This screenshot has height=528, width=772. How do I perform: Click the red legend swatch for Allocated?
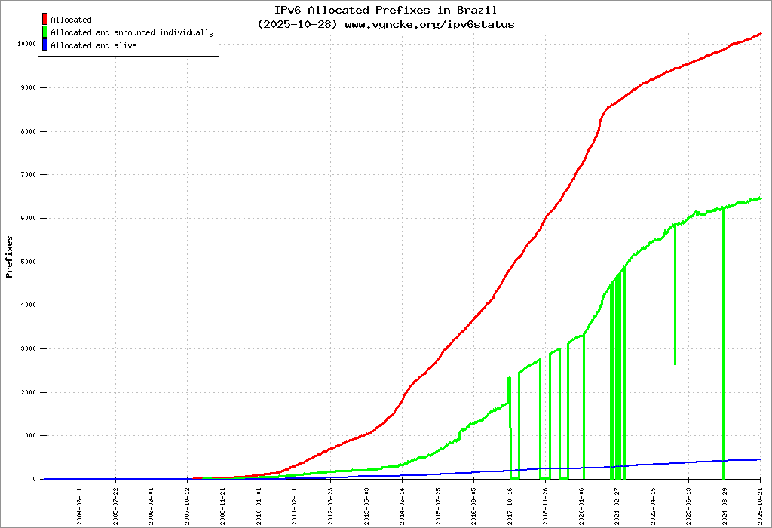point(46,20)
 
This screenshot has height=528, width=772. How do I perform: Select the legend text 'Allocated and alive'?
point(93,46)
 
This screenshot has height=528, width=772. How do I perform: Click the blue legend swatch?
point(46,46)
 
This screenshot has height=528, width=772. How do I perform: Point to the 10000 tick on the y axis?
point(27,44)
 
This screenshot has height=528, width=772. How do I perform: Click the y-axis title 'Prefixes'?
point(10,256)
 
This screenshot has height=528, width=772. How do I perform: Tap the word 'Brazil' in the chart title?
point(476,11)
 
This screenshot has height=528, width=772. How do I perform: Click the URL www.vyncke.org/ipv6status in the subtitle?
point(430,24)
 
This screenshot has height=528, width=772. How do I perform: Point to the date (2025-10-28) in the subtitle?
point(298,24)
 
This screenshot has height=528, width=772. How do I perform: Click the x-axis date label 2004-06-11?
point(80,505)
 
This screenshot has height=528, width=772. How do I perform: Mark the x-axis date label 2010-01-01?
point(259,505)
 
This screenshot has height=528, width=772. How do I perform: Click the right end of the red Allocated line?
point(760,34)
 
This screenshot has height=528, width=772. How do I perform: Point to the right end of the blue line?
point(760,459)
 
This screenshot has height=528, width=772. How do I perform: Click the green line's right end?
point(760,198)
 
